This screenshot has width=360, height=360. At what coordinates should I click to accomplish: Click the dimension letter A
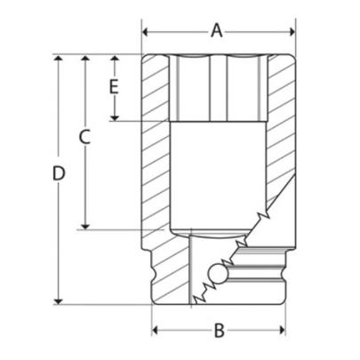[x=216, y=31]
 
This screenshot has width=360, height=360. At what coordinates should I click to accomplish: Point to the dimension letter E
[x=113, y=86]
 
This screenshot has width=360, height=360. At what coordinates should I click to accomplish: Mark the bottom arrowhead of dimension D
[x=60, y=301]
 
